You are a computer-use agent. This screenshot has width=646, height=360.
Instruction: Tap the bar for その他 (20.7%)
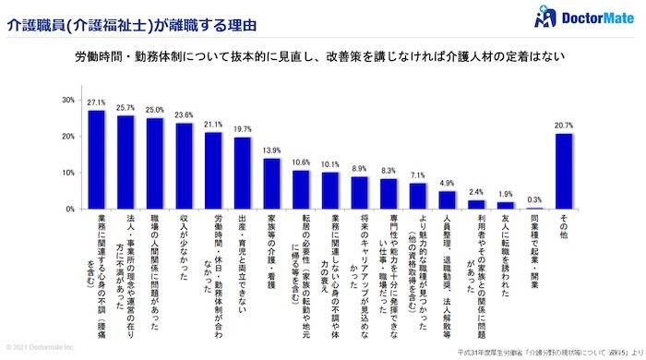pos(564,172)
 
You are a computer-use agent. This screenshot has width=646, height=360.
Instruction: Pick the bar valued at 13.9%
pos(271,184)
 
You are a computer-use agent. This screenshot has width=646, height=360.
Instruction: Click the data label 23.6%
pos(184,116)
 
